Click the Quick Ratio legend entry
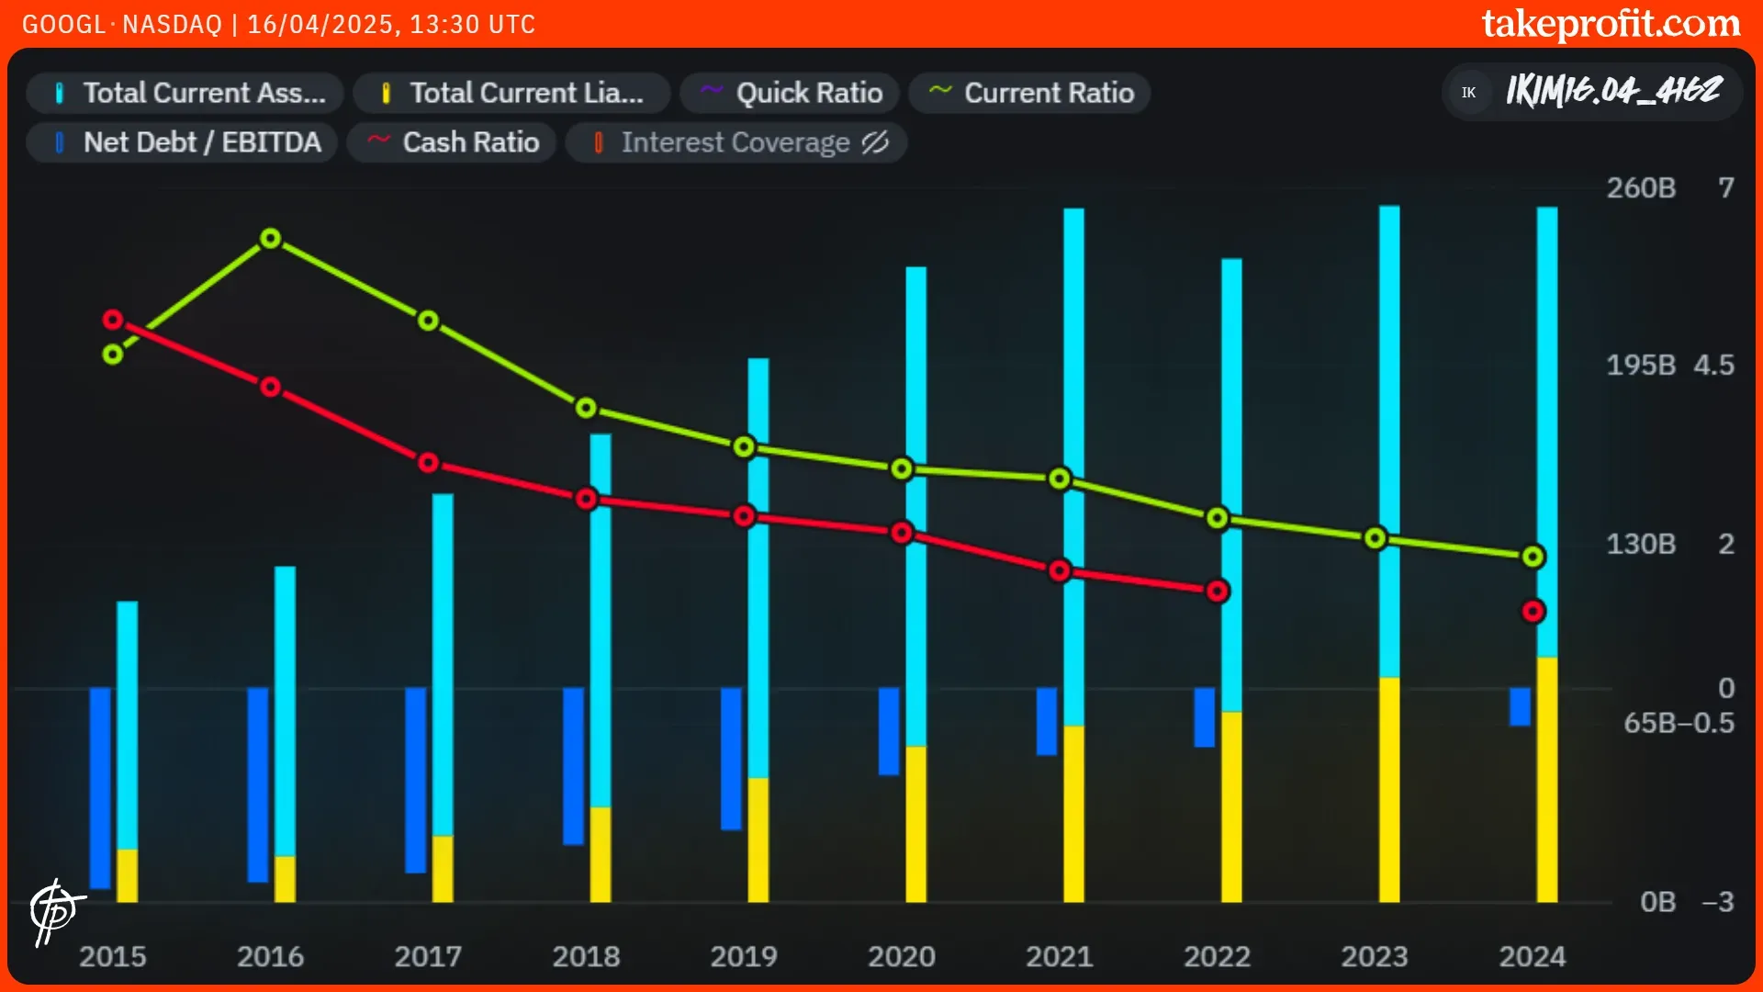(791, 93)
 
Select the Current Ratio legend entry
(1030, 93)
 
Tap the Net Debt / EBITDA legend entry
(183, 142)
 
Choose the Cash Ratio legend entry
(452, 142)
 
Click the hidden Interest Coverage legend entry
(736, 142)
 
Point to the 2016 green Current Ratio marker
(270, 239)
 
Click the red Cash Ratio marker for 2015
(113, 320)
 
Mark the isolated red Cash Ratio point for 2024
(1533, 612)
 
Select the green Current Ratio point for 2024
(1533, 557)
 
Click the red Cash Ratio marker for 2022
(1218, 592)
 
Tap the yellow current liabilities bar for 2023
(1389, 790)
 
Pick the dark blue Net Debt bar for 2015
(100, 787)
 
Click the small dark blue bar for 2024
(1520, 706)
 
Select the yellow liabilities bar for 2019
(758, 840)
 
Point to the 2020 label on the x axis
(902, 956)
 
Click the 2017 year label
(428, 956)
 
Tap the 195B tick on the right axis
(1641, 366)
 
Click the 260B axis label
(1641, 188)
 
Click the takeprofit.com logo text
(1611, 24)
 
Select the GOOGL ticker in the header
(63, 24)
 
